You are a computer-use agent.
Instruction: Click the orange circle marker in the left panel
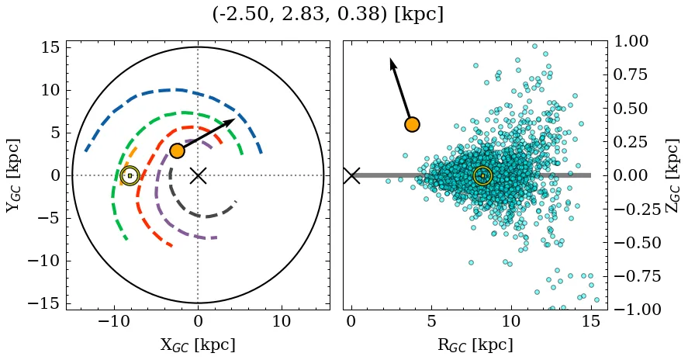point(178,151)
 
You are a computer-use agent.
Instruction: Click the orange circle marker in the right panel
point(412,124)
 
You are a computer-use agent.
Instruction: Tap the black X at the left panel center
point(199,175)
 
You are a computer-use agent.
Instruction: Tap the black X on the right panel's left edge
point(351,175)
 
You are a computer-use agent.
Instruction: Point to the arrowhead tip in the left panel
point(234,119)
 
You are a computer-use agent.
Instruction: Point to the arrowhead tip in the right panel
point(391,59)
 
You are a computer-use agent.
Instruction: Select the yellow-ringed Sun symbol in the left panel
point(130,175)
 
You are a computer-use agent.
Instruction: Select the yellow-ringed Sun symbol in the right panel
point(482,175)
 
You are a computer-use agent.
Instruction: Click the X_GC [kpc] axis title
point(198,344)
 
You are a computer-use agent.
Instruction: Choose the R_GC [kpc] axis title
point(475,344)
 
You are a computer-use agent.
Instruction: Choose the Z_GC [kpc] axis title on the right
point(672,175)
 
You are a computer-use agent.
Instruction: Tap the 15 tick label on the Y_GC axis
point(50,47)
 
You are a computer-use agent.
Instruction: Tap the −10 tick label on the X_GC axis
point(115,321)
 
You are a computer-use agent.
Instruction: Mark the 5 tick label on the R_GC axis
point(431,321)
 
